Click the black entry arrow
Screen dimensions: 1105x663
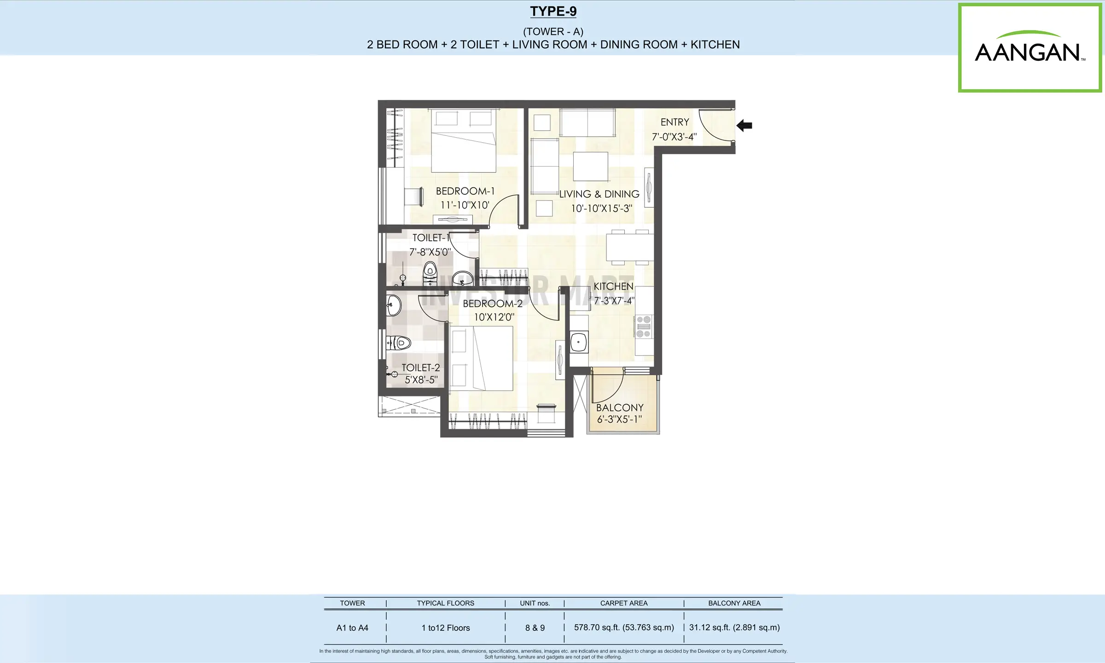pos(744,125)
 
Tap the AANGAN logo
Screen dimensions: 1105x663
pos(1030,47)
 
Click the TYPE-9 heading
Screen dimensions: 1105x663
pos(553,11)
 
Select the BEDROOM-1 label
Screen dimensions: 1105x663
pos(465,191)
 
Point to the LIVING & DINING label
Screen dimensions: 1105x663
pos(599,194)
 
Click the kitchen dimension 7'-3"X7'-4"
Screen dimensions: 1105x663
pos(614,301)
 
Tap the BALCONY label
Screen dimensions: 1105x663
pos(620,408)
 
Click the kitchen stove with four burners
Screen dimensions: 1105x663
pos(644,326)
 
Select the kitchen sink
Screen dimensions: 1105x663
pos(579,342)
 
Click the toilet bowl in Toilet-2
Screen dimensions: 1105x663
pos(399,343)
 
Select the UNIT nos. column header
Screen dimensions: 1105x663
pos(535,603)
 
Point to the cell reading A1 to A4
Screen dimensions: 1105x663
pos(352,628)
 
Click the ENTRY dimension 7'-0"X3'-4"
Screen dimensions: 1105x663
pos(675,137)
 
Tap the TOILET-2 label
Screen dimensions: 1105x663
pos(420,368)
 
